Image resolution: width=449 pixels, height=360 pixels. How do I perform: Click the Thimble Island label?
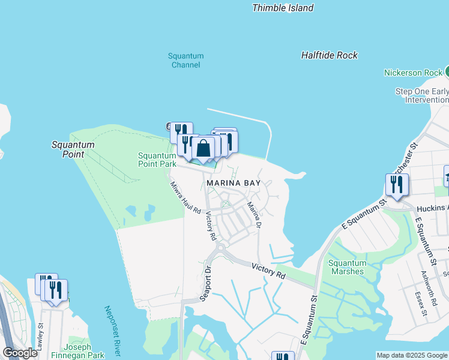(283, 8)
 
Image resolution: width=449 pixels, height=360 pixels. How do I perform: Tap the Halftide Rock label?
(329, 55)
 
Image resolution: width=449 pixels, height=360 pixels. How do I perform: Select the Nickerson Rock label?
(413, 73)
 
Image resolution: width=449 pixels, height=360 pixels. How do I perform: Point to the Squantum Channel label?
(185, 60)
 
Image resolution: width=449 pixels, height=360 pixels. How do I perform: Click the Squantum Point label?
(73, 149)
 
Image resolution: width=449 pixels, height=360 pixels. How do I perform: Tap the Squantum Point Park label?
(157, 159)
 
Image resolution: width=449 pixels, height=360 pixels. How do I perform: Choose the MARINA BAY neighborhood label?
(234, 182)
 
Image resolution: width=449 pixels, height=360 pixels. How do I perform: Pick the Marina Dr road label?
(255, 215)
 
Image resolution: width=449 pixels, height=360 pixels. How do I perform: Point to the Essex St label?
(421, 304)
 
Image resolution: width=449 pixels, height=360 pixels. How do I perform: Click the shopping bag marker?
(203, 148)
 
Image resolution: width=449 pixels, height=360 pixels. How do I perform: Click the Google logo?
(20, 353)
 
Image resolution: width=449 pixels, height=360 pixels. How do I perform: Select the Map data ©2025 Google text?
(412, 355)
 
